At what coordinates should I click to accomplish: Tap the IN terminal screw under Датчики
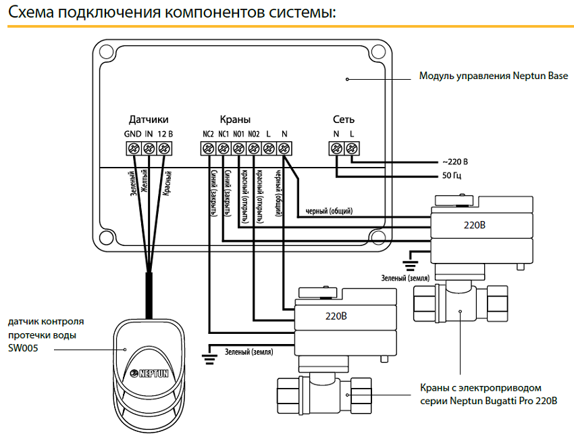147,148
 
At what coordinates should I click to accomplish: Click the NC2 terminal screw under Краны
208,148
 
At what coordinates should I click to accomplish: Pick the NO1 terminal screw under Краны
238,148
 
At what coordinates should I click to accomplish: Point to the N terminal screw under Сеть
336,148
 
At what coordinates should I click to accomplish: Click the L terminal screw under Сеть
352,148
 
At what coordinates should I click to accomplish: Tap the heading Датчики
148,120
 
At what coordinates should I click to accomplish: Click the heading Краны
235,120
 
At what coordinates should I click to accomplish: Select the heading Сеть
344,120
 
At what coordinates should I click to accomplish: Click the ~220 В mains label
454,163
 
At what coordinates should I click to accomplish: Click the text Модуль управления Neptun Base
494,77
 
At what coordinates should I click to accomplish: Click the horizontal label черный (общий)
329,210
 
